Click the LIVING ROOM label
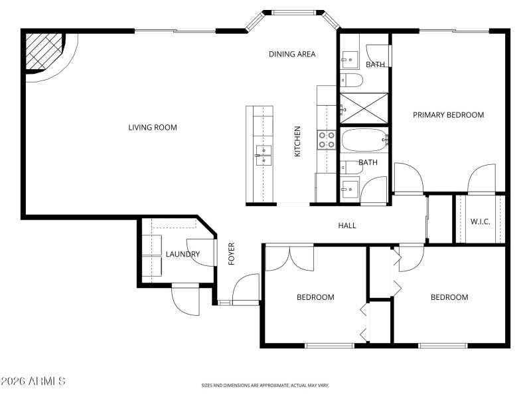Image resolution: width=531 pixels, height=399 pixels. pyautogui.click(x=153, y=127)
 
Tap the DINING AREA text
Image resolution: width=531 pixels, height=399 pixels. pyautogui.click(x=292, y=54)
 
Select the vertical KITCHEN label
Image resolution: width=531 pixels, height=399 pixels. pyautogui.click(x=298, y=142)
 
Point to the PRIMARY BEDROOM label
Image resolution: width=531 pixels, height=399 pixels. pyautogui.click(x=448, y=115)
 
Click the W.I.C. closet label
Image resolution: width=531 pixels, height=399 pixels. pyautogui.click(x=480, y=221)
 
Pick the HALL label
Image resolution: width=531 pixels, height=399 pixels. pyautogui.click(x=347, y=225)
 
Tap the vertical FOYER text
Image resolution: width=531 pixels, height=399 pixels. pyautogui.click(x=232, y=254)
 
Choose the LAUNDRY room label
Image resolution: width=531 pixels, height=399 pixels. pyautogui.click(x=183, y=254)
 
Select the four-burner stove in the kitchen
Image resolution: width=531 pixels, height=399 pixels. pyautogui.click(x=327, y=139)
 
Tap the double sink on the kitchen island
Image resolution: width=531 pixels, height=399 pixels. pyautogui.click(x=263, y=156)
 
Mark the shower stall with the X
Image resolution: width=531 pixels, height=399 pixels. pyautogui.click(x=364, y=108)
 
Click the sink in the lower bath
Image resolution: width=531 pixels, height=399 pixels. pyautogui.click(x=350, y=188)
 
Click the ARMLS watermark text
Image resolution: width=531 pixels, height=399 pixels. pyautogui.click(x=33, y=382)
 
